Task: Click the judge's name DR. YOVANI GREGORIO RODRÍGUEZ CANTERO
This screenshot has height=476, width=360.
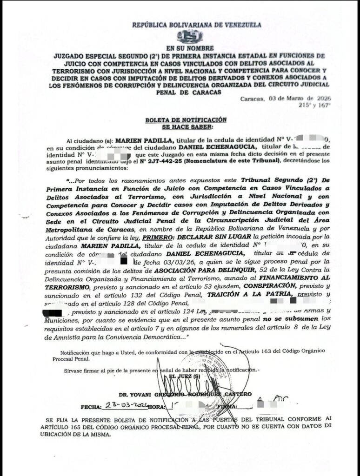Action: click(x=192, y=394)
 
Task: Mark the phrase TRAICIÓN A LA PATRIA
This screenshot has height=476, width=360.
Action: click(x=251, y=294)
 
